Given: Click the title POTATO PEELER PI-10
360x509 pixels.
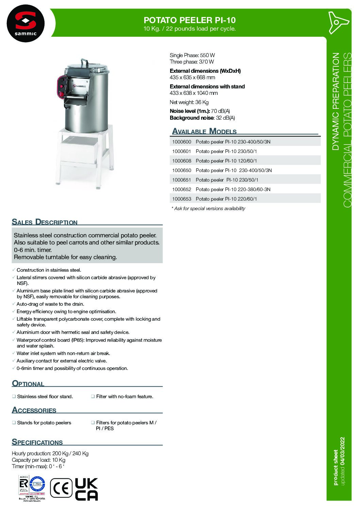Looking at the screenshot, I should pyautogui.click(x=190, y=20).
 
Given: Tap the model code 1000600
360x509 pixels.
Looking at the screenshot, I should pyautogui.click(x=181, y=142).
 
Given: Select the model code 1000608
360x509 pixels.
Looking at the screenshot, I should pyautogui.click(x=181, y=161).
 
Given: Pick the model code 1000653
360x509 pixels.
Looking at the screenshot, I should pyautogui.click(x=181, y=199).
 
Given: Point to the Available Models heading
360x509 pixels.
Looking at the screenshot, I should pyautogui.click(x=204, y=131).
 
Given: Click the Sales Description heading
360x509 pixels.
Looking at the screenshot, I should pyautogui.click(x=45, y=222).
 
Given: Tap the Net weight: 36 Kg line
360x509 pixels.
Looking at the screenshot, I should pyautogui.click(x=189, y=102).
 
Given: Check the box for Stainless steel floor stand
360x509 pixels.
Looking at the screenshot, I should pyautogui.click(x=14, y=396).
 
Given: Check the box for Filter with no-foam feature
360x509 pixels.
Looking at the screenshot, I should pyautogui.click(x=93, y=396).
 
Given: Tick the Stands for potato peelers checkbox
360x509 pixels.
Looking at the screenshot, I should pyautogui.click(x=14, y=423).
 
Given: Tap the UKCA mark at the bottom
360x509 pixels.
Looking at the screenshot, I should pyautogui.click(x=86, y=489).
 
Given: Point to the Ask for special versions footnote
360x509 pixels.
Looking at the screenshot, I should pyautogui.click(x=208, y=208).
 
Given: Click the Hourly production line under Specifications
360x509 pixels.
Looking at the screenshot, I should pyautogui.click(x=50, y=453).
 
